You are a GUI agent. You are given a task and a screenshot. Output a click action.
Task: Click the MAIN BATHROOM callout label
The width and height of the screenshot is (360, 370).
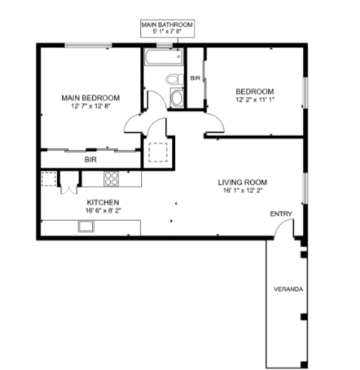tap(167, 29)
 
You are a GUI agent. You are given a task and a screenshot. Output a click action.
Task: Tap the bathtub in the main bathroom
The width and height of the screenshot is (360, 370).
tap(163, 57)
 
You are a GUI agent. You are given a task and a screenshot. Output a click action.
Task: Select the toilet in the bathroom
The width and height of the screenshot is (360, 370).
tap(174, 79)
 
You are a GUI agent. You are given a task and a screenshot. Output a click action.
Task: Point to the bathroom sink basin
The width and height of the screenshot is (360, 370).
tap(177, 98)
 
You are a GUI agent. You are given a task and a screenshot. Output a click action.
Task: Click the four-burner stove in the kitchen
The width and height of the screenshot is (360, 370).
tap(112, 178)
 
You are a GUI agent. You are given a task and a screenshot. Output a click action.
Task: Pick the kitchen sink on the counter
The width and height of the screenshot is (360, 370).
tap(86, 227)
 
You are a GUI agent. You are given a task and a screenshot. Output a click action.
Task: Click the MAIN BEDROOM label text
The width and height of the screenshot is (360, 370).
tap(90, 98)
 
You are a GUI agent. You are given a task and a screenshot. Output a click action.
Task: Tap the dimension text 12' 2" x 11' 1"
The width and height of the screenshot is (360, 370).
tap(255, 99)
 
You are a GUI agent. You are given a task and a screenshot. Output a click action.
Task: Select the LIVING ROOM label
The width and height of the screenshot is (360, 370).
tap(243, 183)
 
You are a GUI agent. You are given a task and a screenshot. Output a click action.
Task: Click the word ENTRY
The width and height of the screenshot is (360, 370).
tap(281, 214)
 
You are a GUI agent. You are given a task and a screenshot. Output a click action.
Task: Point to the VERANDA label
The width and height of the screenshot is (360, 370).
tap(288, 289)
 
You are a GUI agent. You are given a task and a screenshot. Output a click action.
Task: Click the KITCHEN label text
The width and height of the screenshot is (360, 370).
tap(103, 202)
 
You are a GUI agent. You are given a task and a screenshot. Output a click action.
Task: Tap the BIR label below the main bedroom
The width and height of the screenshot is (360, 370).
tap(90, 160)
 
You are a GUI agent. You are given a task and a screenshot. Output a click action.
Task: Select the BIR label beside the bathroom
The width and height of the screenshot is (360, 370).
tap(195, 78)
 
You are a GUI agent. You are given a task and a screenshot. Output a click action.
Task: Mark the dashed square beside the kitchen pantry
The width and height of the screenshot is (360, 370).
tap(49, 179)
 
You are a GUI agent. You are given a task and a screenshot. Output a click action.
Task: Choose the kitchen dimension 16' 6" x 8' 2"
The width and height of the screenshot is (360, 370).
tap(103, 210)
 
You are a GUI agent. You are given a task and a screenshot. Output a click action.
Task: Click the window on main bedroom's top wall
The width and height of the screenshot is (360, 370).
tap(88, 46)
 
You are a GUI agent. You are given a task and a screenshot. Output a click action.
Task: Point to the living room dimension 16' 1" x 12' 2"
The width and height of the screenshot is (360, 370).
tap(243, 191)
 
